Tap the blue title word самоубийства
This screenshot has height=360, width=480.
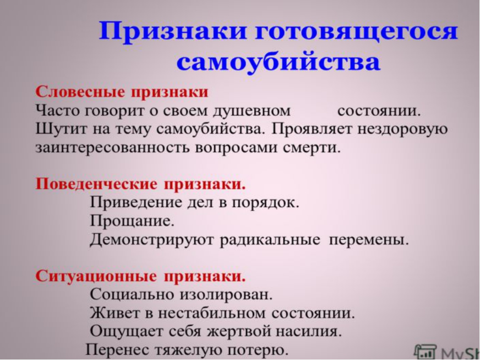click(278, 62)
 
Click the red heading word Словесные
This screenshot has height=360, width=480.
click(80, 92)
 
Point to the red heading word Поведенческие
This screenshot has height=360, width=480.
click(96, 184)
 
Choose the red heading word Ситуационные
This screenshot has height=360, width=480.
click(96, 276)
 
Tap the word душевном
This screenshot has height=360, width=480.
click(251, 111)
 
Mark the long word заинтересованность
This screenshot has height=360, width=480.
click(112, 148)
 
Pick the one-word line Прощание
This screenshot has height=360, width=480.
click(132, 221)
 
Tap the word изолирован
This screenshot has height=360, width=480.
click(226, 295)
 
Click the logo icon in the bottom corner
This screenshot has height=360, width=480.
click(425, 352)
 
